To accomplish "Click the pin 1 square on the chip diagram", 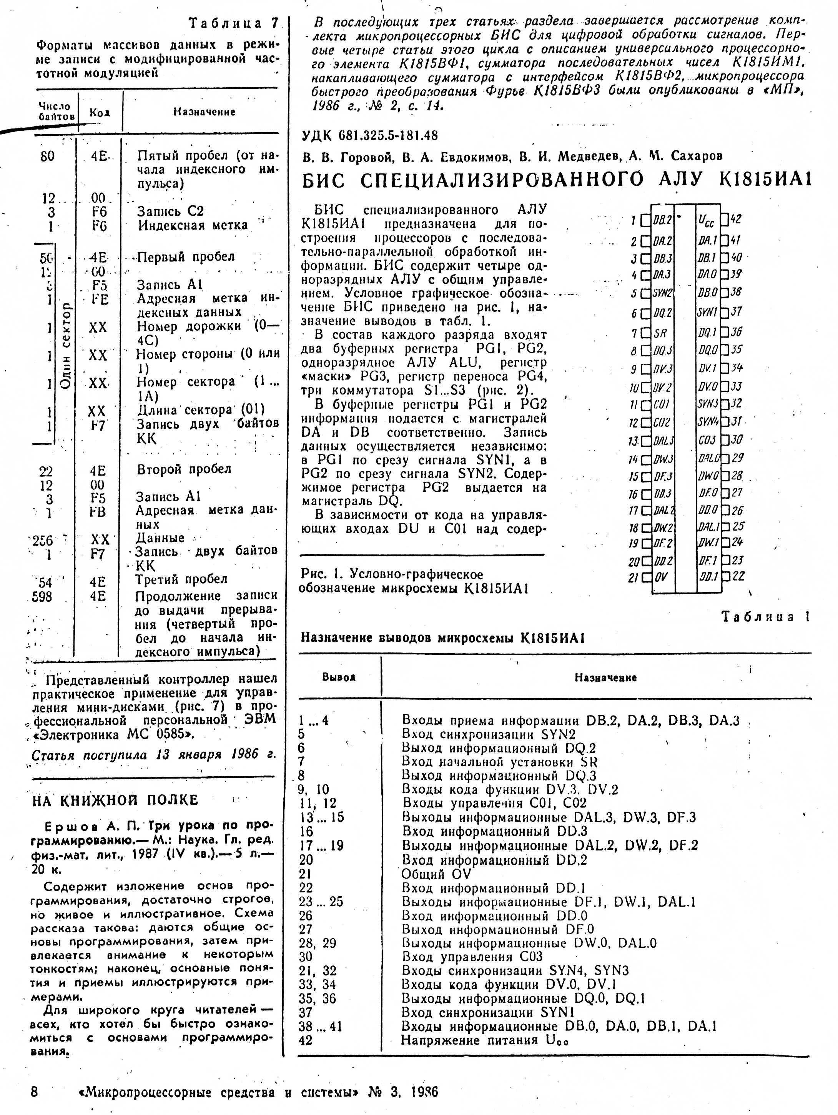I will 645,220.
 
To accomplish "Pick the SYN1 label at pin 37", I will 707,313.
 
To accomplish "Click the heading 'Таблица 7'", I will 233,23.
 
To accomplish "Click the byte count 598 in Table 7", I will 42,597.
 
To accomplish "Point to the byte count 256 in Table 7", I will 42,541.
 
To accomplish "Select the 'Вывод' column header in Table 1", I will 339,677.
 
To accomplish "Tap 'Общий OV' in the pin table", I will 436,874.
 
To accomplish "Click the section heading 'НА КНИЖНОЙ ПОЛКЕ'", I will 115,800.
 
